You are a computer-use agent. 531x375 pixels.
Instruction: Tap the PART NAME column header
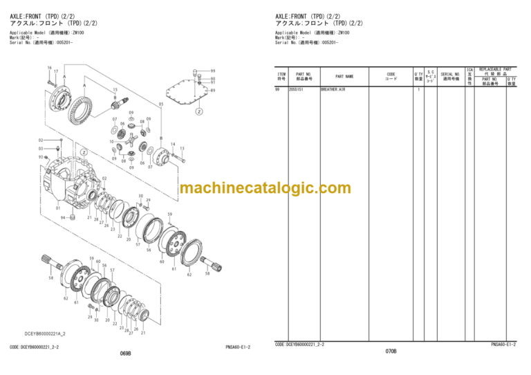point(344,77)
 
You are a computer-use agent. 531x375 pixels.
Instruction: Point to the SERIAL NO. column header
point(451,76)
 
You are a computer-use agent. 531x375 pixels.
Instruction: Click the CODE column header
point(391,76)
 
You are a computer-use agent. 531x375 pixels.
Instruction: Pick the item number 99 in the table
point(278,90)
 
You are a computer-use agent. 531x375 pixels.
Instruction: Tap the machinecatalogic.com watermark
point(265,188)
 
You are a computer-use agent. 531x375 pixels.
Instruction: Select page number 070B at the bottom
point(391,351)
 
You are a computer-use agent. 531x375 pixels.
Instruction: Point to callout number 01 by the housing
point(58,207)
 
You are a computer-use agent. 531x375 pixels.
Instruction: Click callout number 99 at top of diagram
point(213,71)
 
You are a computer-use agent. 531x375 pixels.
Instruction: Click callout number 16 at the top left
point(50,67)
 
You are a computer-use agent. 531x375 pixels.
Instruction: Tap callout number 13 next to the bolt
point(182,148)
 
